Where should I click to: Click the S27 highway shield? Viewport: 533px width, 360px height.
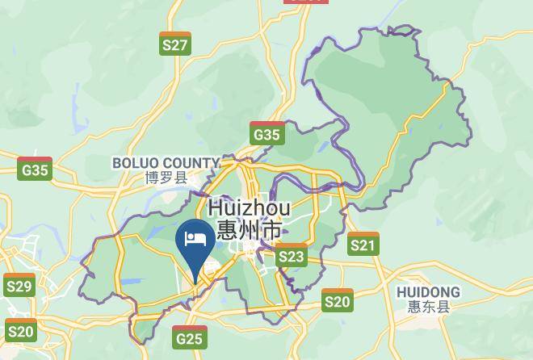[175, 44]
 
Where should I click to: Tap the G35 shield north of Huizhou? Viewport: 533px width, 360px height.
[267, 134]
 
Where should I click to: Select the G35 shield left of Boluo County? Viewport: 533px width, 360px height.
[36, 170]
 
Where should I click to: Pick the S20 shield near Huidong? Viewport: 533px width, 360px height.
[338, 302]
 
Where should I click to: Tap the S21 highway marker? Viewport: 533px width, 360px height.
[363, 244]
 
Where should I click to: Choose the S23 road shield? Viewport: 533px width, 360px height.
[292, 257]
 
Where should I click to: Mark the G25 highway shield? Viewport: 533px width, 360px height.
[189, 338]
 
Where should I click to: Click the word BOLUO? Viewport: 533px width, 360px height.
[138, 163]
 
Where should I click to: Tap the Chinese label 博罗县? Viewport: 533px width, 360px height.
[166, 178]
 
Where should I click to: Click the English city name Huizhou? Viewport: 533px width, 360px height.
[250, 208]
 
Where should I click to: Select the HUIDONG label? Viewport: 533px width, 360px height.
[428, 291]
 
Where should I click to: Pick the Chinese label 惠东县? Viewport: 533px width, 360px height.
[429, 307]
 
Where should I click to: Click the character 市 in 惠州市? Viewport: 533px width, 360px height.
[272, 230]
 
